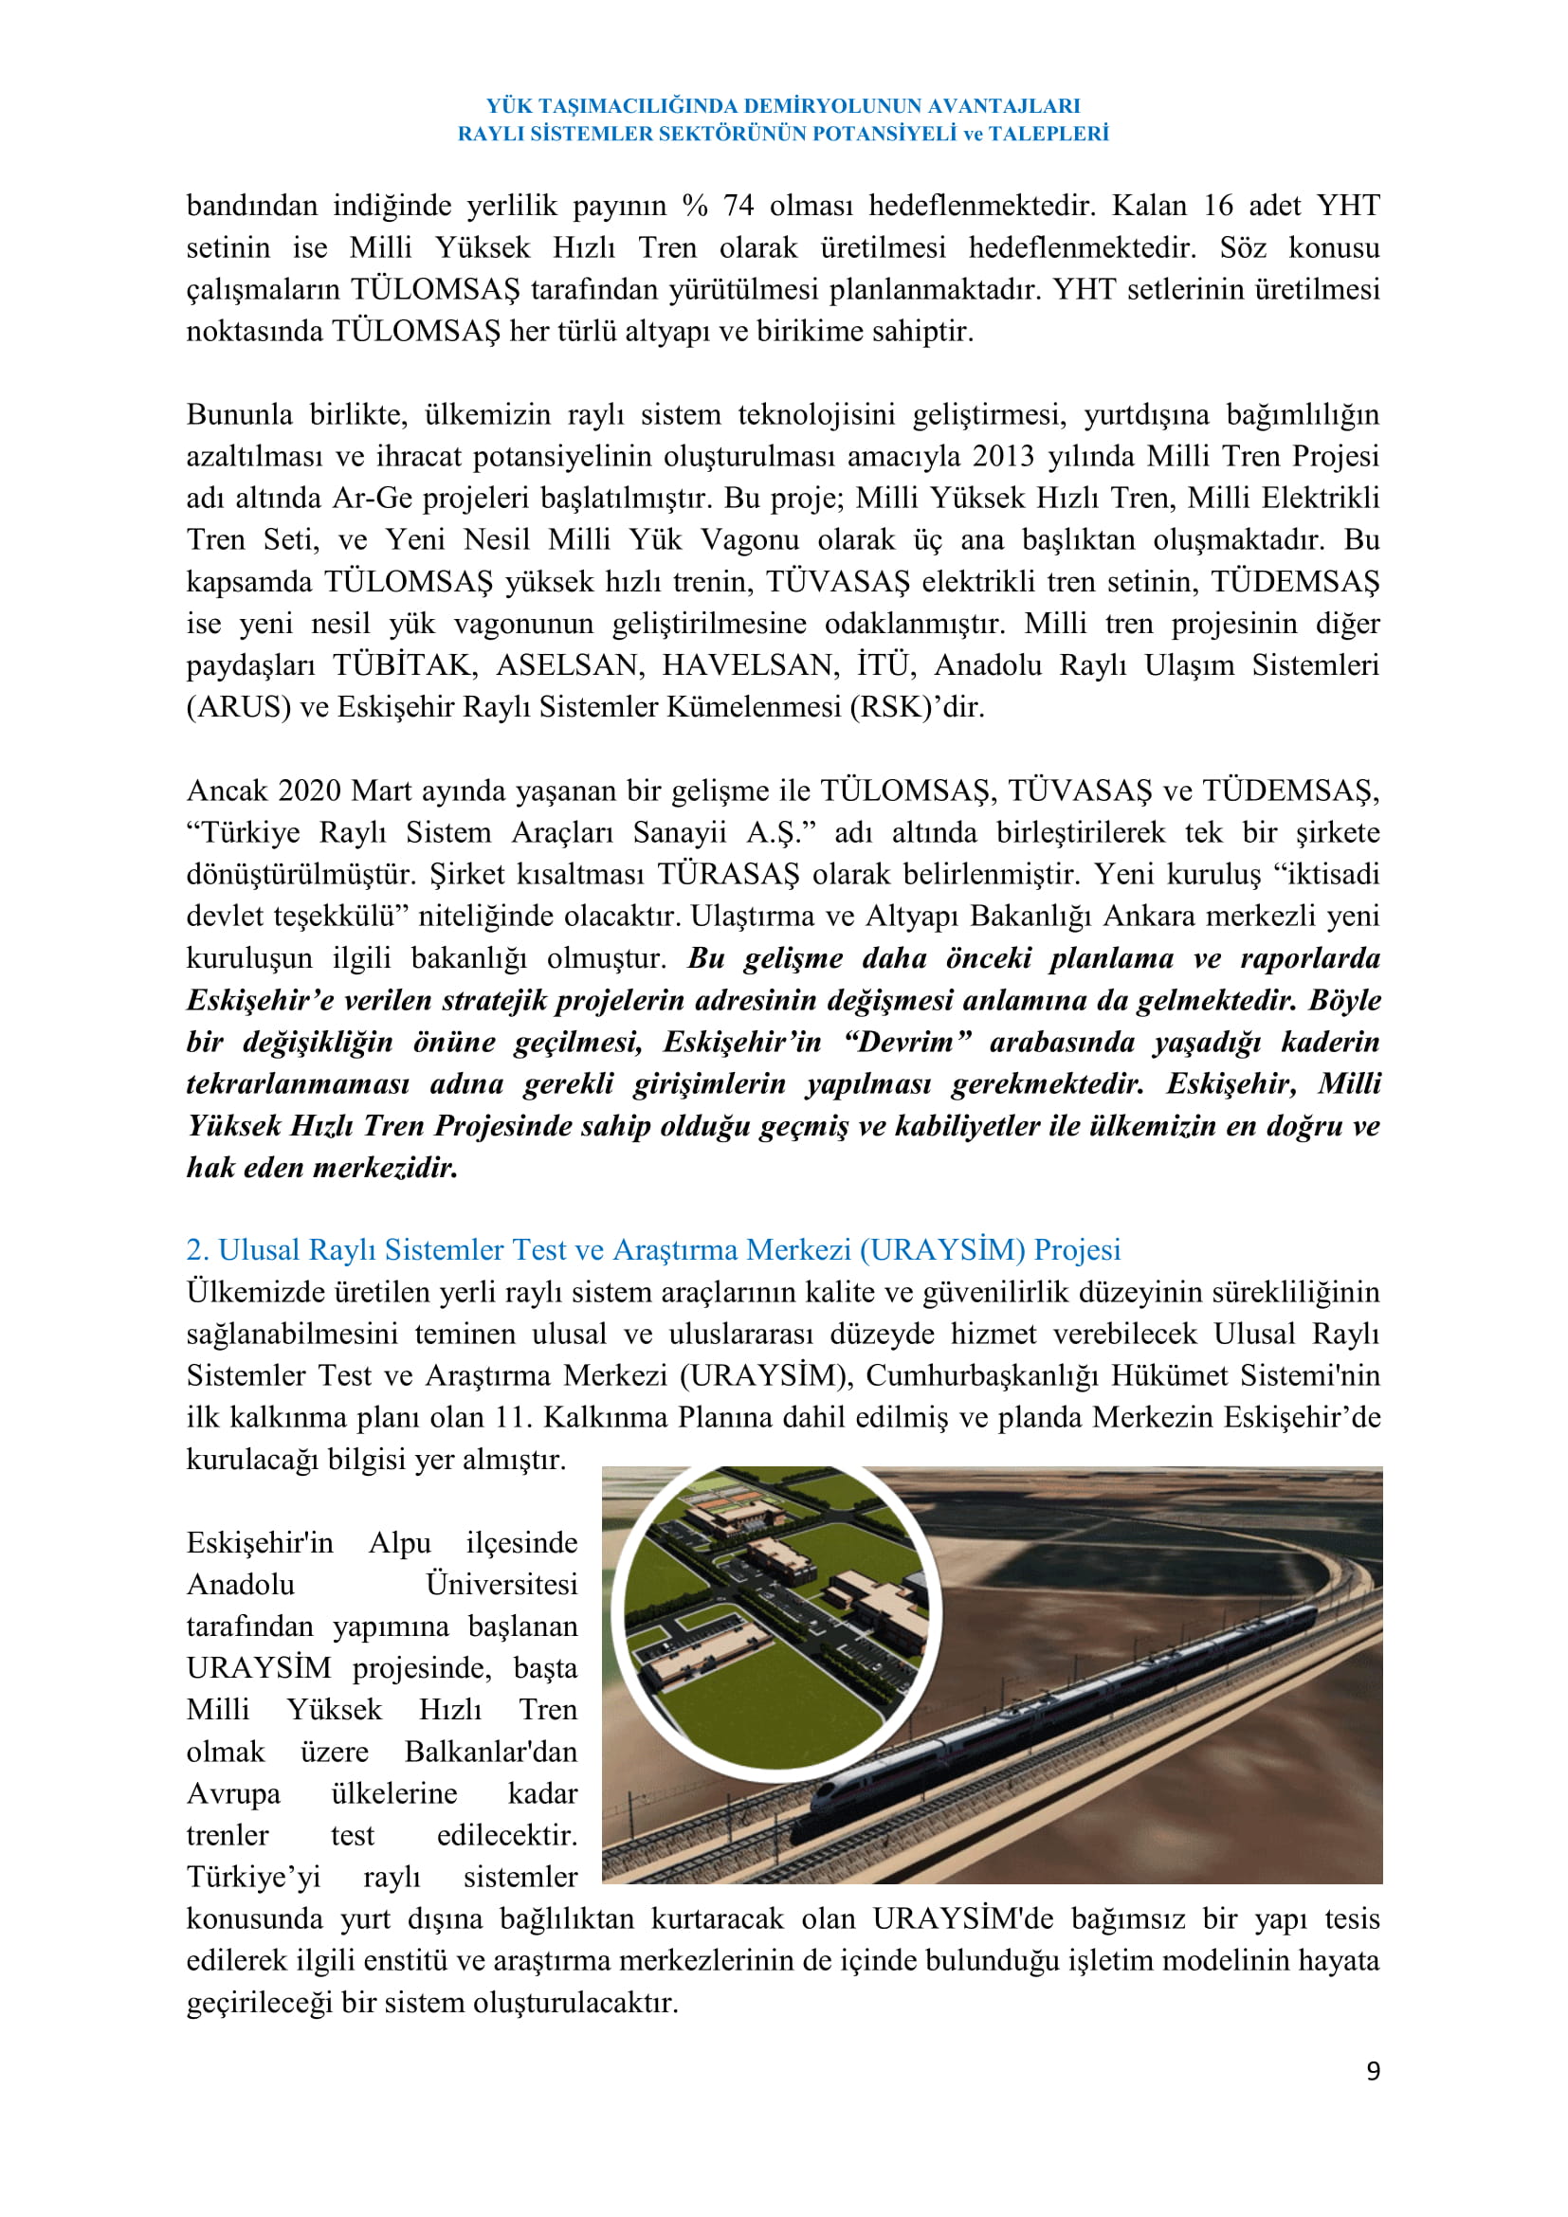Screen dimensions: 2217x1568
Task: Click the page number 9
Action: pyautogui.click(x=1372, y=2070)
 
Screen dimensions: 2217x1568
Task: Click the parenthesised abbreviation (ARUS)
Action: pyautogui.click(x=239, y=707)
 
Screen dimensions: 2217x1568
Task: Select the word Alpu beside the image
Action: pyautogui.click(x=400, y=1542)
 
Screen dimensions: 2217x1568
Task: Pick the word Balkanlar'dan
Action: pyautogui.click(x=490, y=1751)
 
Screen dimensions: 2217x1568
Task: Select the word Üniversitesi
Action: pyautogui.click(x=501, y=1584)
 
